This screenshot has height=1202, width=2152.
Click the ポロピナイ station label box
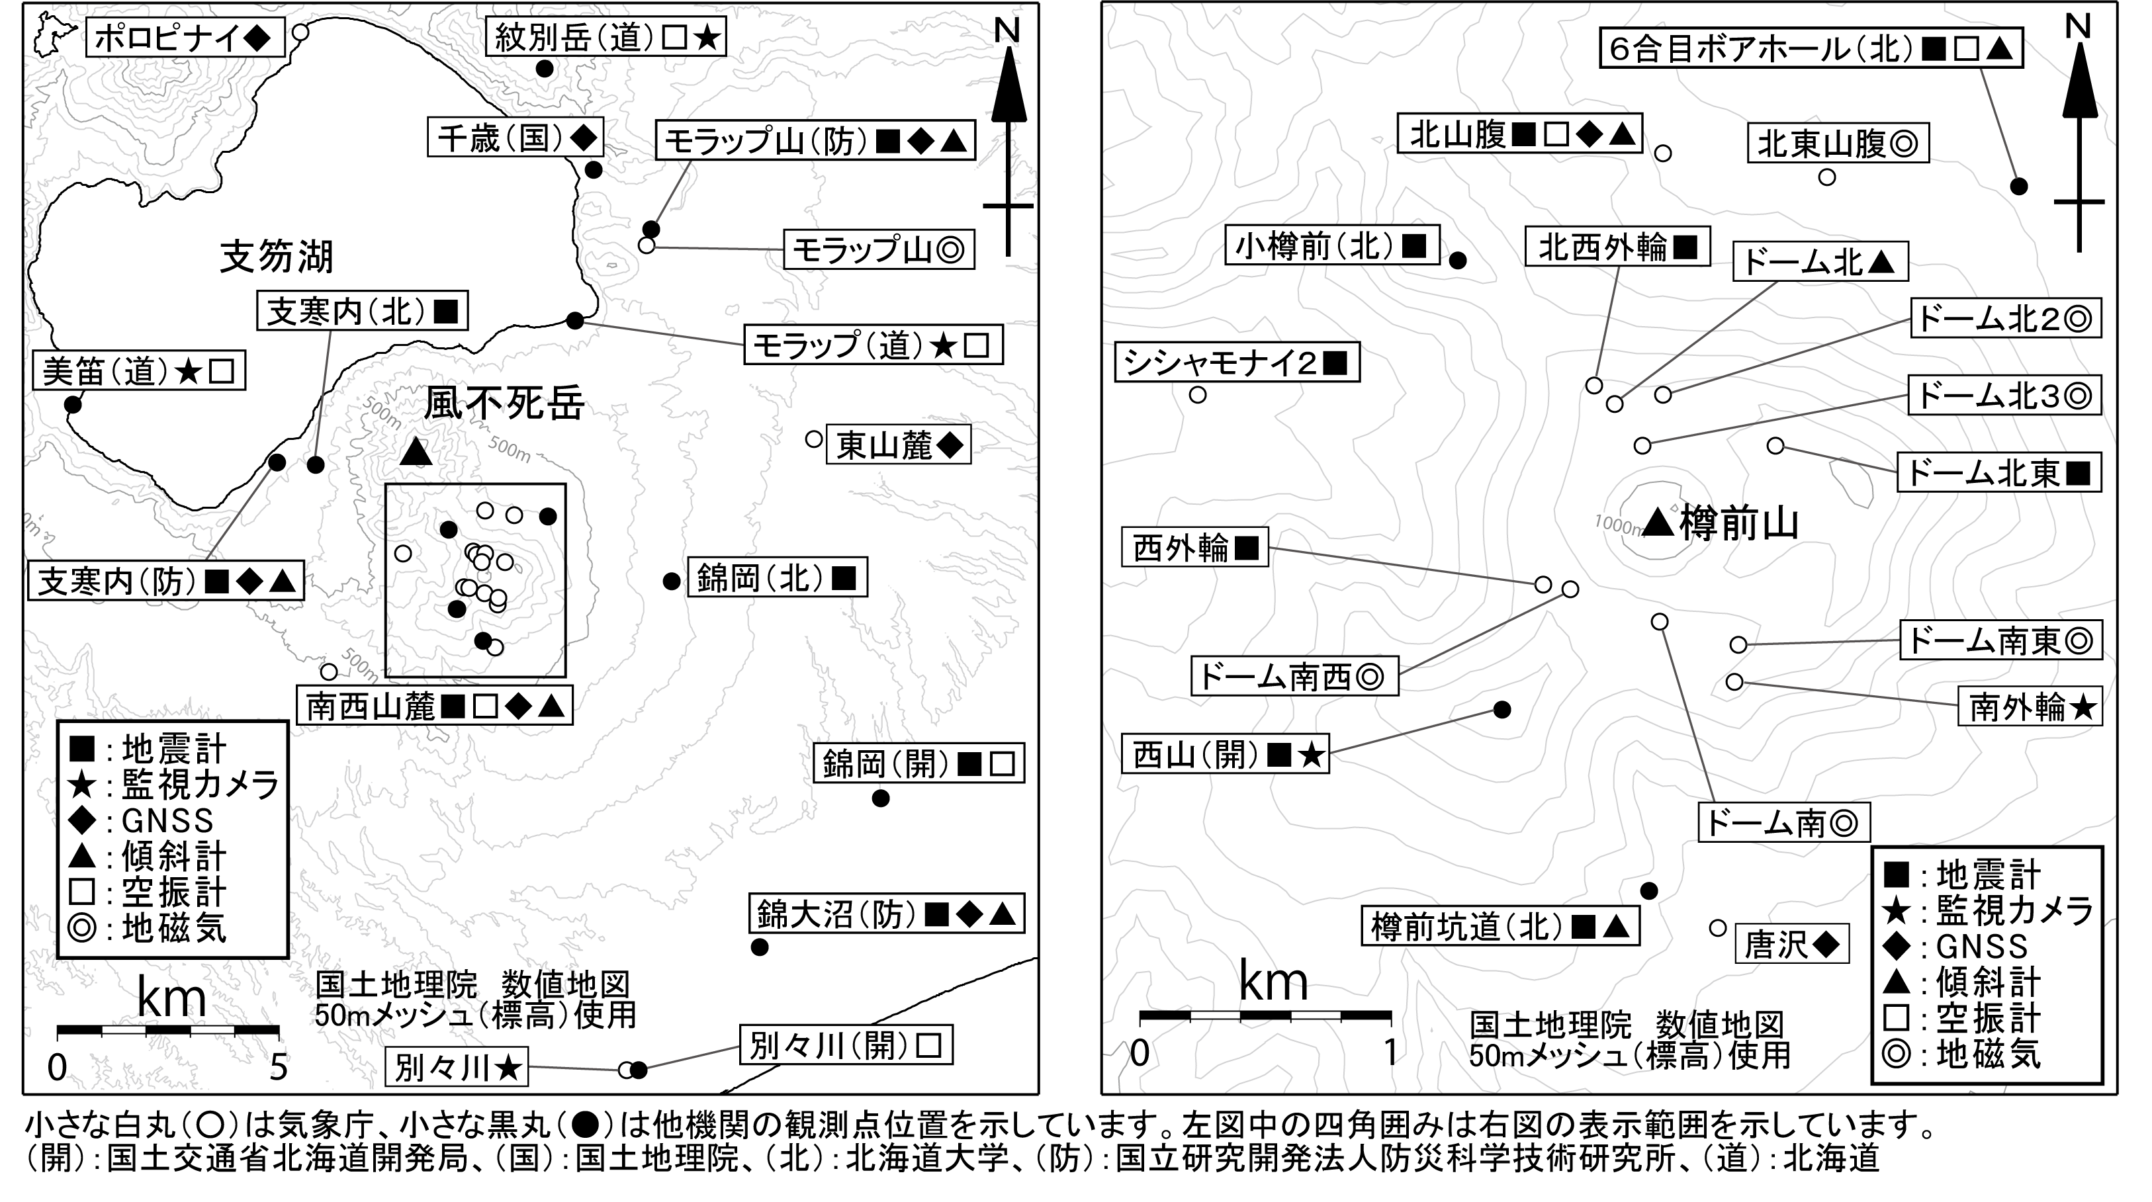(x=185, y=38)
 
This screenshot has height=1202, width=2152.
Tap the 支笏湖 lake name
(x=277, y=257)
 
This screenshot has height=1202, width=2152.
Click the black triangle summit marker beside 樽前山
(x=1658, y=522)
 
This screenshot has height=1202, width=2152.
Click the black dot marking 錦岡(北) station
(x=671, y=581)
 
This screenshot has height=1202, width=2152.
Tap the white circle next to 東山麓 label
(x=814, y=439)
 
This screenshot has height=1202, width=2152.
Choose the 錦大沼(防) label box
(x=885, y=915)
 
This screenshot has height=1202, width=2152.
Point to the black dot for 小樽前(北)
(x=1457, y=261)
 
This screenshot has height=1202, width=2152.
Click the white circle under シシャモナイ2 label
(x=1197, y=395)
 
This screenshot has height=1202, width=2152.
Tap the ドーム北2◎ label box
(x=2005, y=318)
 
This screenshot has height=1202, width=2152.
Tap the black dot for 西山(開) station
(x=1502, y=710)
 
